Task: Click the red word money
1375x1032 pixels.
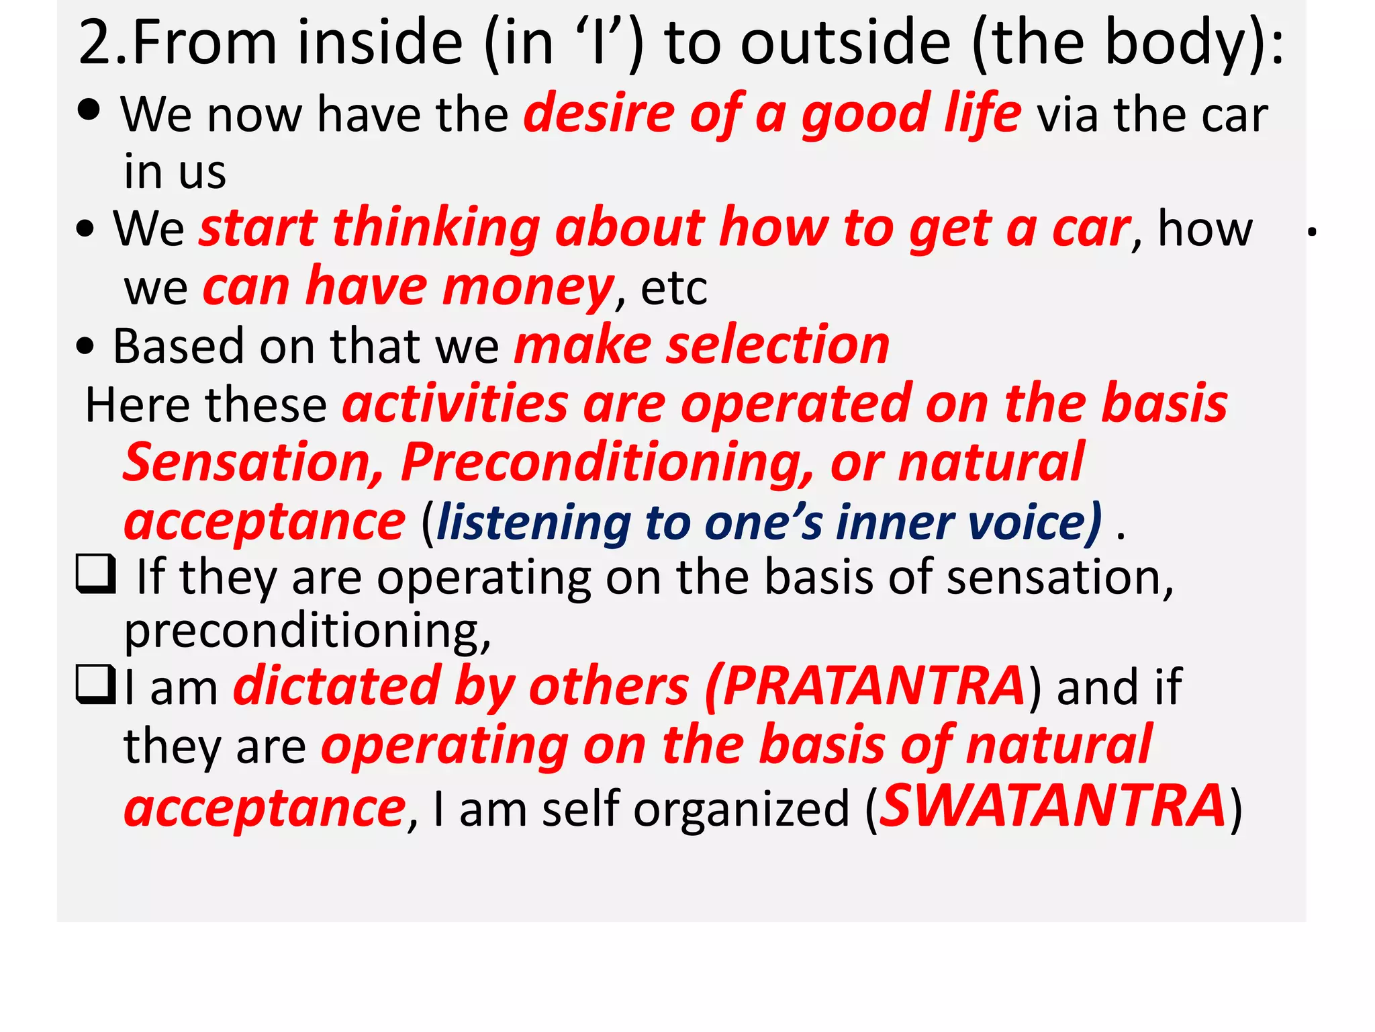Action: click(x=527, y=288)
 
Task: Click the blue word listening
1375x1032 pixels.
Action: click(x=534, y=523)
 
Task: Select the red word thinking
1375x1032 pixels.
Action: click(x=436, y=228)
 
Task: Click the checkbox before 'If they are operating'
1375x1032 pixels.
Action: click(x=95, y=575)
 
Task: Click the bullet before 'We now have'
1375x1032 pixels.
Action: click(x=89, y=110)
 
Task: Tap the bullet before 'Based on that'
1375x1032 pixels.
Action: click(x=85, y=346)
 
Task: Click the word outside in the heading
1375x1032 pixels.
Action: click(x=845, y=43)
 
